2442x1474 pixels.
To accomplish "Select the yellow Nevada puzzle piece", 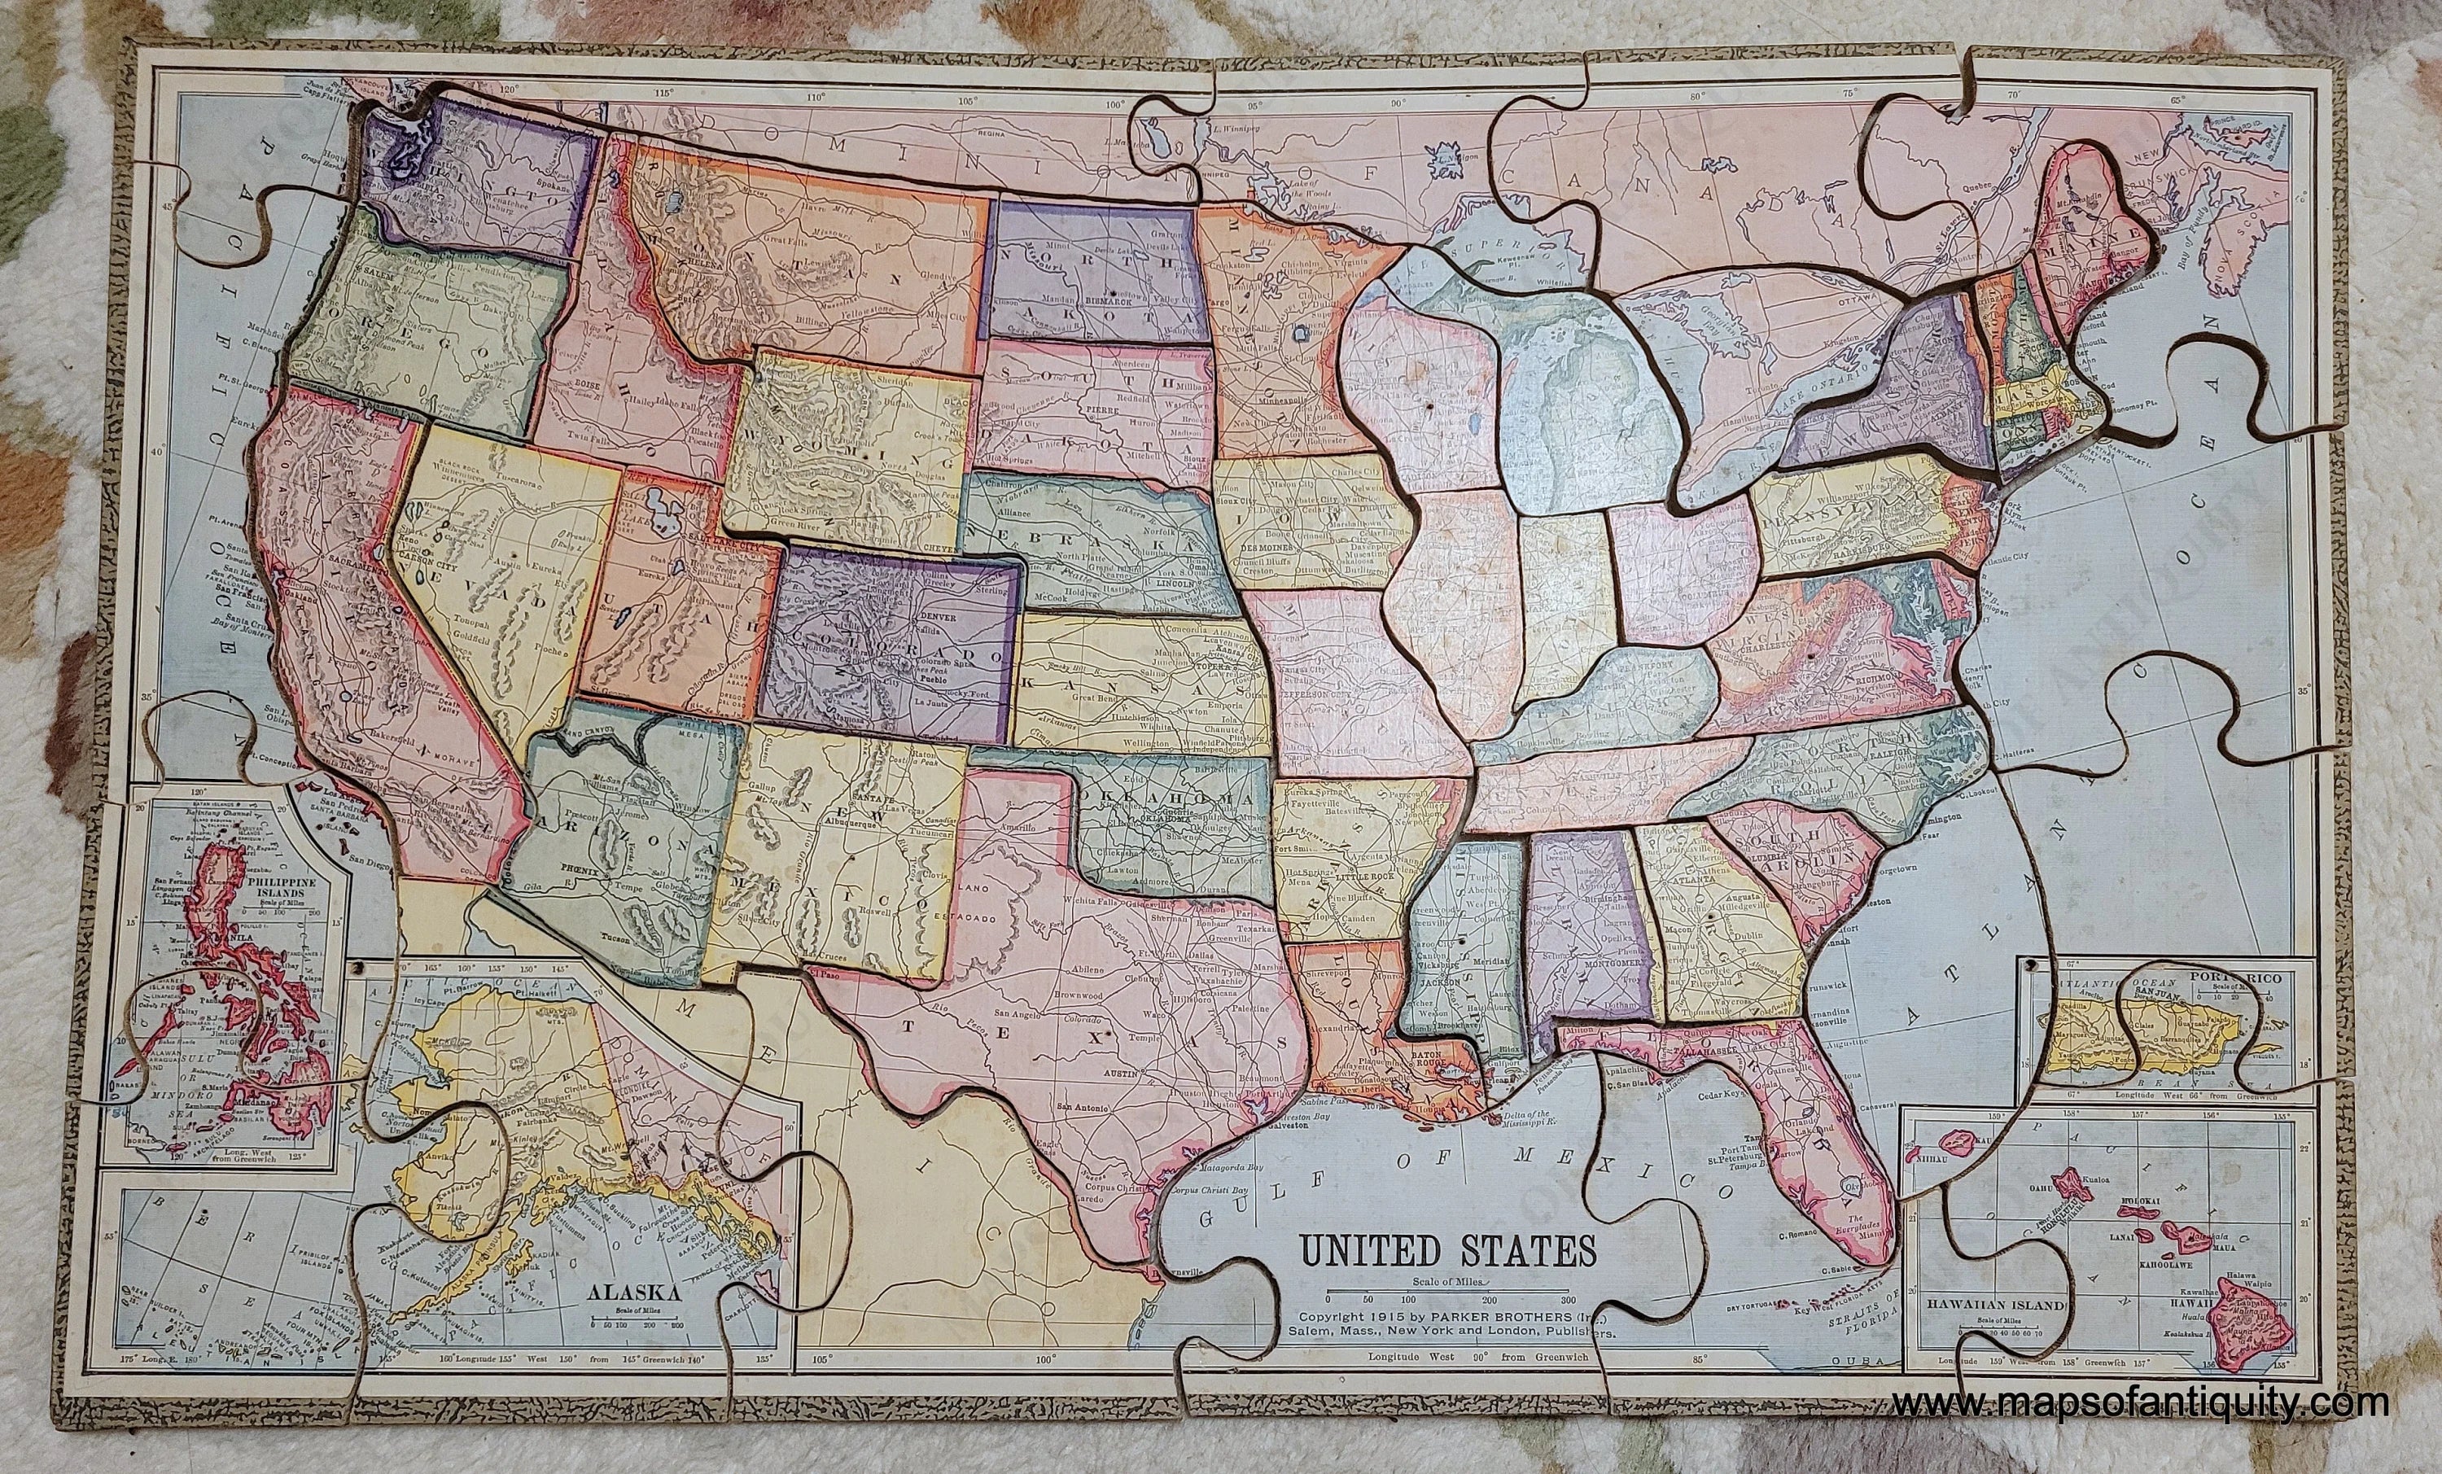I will click(496, 585).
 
